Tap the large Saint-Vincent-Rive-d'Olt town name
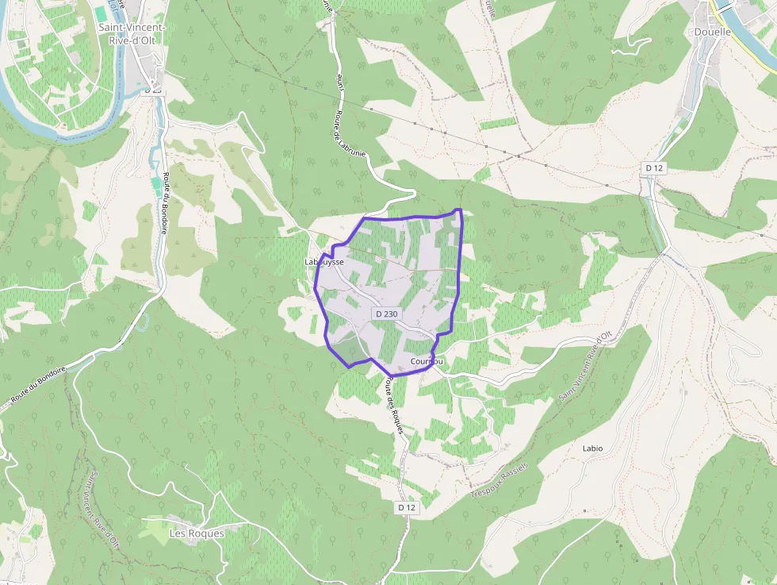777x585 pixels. (132, 34)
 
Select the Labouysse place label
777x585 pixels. (324, 261)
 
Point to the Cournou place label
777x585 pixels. (427, 362)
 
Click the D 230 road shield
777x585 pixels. (387, 314)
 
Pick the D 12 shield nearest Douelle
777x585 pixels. (653, 167)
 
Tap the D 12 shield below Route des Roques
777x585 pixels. (407, 507)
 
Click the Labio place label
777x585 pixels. (592, 448)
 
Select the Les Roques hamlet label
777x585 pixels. (197, 533)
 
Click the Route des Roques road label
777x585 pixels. (395, 406)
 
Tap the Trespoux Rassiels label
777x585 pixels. (499, 477)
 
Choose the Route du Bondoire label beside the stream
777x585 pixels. (165, 203)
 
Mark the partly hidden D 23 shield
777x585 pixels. (154, 90)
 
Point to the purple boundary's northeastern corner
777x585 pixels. (459, 210)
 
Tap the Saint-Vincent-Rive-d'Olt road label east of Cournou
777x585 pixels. (586, 365)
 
